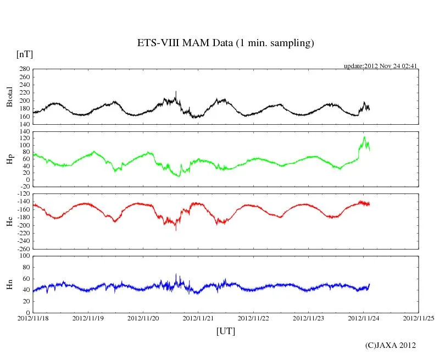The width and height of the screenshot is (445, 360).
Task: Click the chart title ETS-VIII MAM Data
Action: (225, 43)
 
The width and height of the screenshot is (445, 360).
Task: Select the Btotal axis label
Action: (9, 96)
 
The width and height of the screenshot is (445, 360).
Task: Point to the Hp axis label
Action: (9, 159)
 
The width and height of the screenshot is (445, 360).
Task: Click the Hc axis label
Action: (9, 221)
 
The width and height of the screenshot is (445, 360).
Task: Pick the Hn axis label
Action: (9, 284)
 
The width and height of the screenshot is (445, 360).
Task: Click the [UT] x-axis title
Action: (226, 331)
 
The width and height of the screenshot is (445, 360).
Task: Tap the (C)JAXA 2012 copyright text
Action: (391, 345)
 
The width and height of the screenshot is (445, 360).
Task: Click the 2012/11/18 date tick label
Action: (33, 318)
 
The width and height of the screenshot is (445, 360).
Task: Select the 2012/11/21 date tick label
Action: (198, 318)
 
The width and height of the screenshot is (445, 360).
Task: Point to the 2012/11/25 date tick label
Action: (419, 318)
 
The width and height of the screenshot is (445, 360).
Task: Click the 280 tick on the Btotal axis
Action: (24, 69)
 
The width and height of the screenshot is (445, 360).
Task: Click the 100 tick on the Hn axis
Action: (24, 256)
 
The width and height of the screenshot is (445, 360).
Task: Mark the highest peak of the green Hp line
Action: (364, 137)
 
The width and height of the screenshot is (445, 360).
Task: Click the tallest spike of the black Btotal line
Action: (176, 92)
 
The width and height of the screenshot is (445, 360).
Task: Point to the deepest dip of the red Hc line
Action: (176, 230)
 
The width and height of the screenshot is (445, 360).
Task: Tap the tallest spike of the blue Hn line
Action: (176, 274)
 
